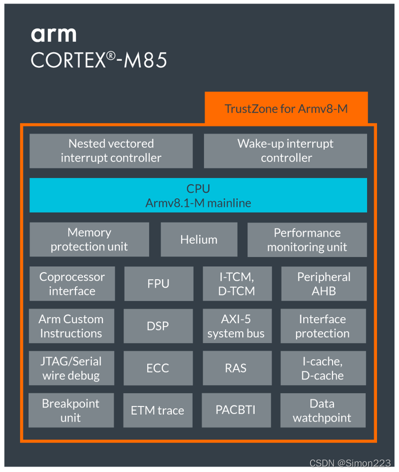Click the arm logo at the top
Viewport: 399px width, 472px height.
tap(54, 34)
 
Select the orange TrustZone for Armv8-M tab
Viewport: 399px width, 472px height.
tap(286, 108)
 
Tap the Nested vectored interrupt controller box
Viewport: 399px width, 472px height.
tap(111, 151)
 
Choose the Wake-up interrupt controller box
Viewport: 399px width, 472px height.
tap(285, 151)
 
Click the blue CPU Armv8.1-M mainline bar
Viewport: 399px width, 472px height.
tap(198, 195)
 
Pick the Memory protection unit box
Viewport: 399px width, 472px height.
tap(89, 240)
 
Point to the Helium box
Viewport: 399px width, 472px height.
tap(199, 240)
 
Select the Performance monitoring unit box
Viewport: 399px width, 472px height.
tap(307, 240)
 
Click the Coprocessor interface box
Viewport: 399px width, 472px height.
tap(72, 284)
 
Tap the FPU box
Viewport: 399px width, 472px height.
tap(158, 284)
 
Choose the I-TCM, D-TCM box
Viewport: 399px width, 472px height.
tap(237, 284)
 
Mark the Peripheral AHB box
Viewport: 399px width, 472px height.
tap(324, 284)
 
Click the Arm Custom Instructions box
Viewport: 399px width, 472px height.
tap(71, 326)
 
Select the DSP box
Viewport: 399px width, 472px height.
tap(158, 326)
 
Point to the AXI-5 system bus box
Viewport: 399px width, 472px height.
tap(236, 326)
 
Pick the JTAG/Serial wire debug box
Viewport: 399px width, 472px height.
tap(71, 369)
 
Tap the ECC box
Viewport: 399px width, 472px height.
tap(158, 369)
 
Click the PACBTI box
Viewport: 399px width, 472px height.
tap(236, 411)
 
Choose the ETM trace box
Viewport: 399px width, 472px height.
tap(157, 411)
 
